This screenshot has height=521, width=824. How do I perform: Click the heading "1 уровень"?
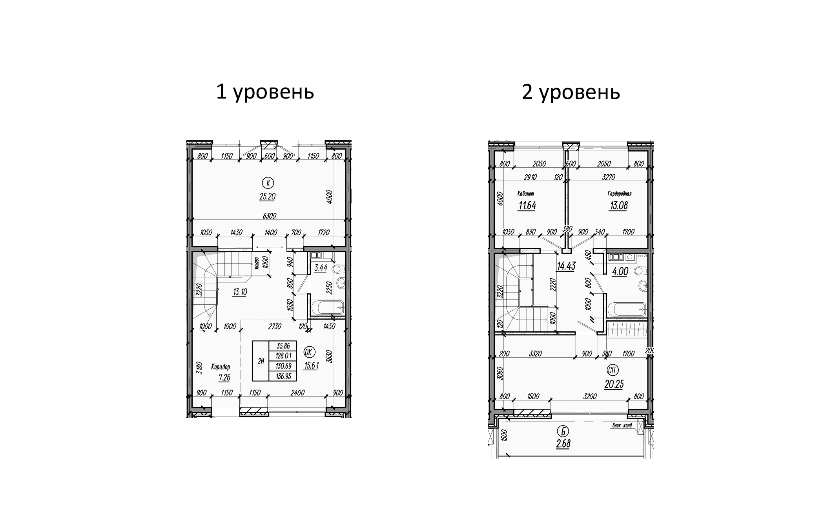265,93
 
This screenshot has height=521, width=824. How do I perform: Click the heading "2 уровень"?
571,93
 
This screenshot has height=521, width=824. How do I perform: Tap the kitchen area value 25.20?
267,197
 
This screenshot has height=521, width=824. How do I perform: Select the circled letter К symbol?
268,183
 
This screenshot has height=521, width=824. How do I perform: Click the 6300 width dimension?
270,216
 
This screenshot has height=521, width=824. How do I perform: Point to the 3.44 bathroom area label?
321,268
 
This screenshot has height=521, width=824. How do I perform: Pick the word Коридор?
221,367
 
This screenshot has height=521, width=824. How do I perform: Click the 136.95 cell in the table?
283,376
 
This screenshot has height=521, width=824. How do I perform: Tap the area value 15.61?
312,366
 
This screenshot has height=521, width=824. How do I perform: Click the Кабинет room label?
526,194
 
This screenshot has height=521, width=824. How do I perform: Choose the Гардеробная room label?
619,194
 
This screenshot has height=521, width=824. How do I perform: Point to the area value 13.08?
618,205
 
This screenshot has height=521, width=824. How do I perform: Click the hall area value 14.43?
566,266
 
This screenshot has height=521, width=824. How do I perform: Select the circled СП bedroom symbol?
613,370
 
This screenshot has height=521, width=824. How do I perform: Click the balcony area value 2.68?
563,444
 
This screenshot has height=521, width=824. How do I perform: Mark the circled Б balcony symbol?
563,431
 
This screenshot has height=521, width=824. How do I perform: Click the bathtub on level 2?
626,309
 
